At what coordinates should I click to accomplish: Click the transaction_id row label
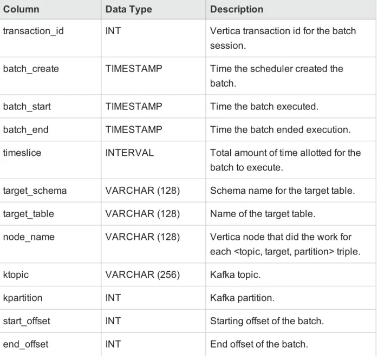(x=33, y=31)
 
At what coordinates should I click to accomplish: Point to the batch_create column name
(x=31, y=69)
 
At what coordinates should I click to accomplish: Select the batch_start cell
(x=27, y=107)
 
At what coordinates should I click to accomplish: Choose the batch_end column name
(x=25, y=130)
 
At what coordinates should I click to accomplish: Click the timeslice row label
(x=22, y=153)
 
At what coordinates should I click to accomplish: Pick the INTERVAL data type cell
(x=129, y=153)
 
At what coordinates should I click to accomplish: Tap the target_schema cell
(x=35, y=191)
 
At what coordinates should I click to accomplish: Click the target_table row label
(x=28, y=214)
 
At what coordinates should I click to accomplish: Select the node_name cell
(x=29, y=237)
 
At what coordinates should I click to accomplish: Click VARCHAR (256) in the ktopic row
(x=142, y=274)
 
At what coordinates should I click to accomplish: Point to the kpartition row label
(x=23, y=298)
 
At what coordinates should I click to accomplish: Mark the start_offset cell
(x=27, y=321)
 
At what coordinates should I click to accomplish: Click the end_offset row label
(x=25, y=344)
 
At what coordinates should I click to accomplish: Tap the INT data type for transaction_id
(x=113, y=31)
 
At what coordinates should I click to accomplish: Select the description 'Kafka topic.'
(x=235, y=274)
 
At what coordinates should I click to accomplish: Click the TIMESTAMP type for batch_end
(x=134, y=129)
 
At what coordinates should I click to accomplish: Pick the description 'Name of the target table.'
(x=263, y=214)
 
